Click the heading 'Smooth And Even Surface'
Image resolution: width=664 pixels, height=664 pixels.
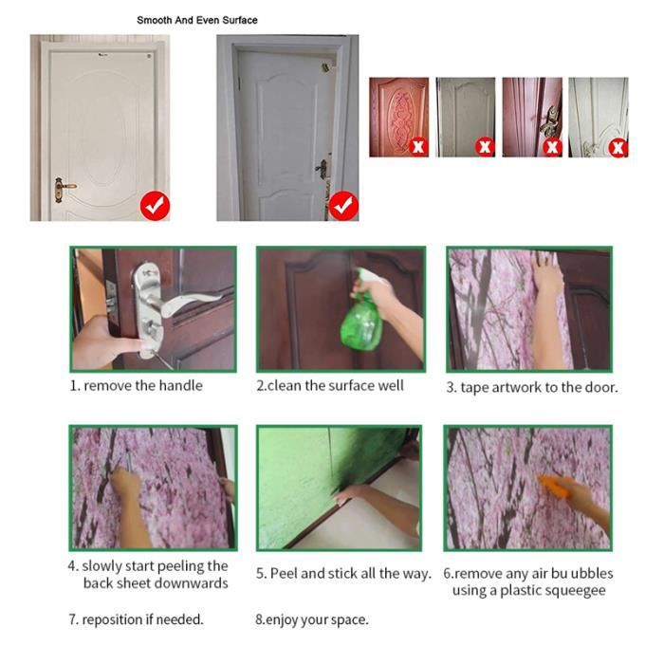pyautogui.click(x=197, y=20)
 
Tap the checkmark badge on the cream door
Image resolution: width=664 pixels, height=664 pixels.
pyautogui.click(x=155, y=206)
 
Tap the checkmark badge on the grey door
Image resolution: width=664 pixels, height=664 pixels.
pyautogui.click(x=343, y=206)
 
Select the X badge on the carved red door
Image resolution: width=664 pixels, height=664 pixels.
pyautogui.click(x=418, y=146)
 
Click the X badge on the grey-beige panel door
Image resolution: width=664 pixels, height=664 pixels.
pyautogui.click(x=485, y=146)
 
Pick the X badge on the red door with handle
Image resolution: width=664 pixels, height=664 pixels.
pyautogui.click(x=552, y=147)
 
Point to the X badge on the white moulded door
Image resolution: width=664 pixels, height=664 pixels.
pyautogui.click(x=618, y=147)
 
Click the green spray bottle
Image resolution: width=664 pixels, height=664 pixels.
pyautogui.click(x=363, y=311)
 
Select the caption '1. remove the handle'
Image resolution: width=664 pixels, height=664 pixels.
pyautogui.click(x=137, y=386)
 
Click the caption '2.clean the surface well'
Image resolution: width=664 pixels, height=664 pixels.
pyautogui.click(x=330, y=386)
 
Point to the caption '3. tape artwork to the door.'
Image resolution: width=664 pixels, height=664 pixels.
pyautogui.click(x=532, y=387)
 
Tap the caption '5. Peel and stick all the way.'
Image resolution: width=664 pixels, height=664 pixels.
pyautogui.click(x=343, y=573)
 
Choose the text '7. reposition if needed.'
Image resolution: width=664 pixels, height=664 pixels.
pyautogui.click(x=137, y=619)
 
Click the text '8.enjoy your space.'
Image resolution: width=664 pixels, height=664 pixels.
pyautogui.click(x=312, y=619)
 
